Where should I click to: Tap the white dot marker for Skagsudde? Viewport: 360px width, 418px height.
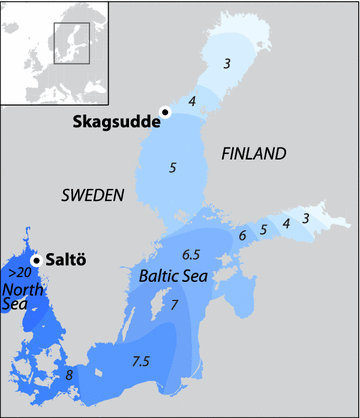point(165,113)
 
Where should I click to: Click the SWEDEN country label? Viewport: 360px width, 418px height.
point(92,194)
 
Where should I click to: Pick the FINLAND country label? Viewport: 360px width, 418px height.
point(253,153)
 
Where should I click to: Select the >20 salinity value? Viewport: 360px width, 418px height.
point(17,272)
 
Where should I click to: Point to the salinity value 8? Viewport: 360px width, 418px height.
point(68,375)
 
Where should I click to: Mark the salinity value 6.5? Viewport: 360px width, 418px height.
point(193,253)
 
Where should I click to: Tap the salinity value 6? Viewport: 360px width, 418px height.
point(242,235)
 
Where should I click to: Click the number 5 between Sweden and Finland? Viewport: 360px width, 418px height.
point(173,168)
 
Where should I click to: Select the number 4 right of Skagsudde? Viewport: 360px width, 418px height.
point(192,101)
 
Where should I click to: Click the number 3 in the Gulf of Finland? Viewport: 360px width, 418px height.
point(307,217)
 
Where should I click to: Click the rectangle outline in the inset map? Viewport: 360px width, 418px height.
point(71,43)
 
